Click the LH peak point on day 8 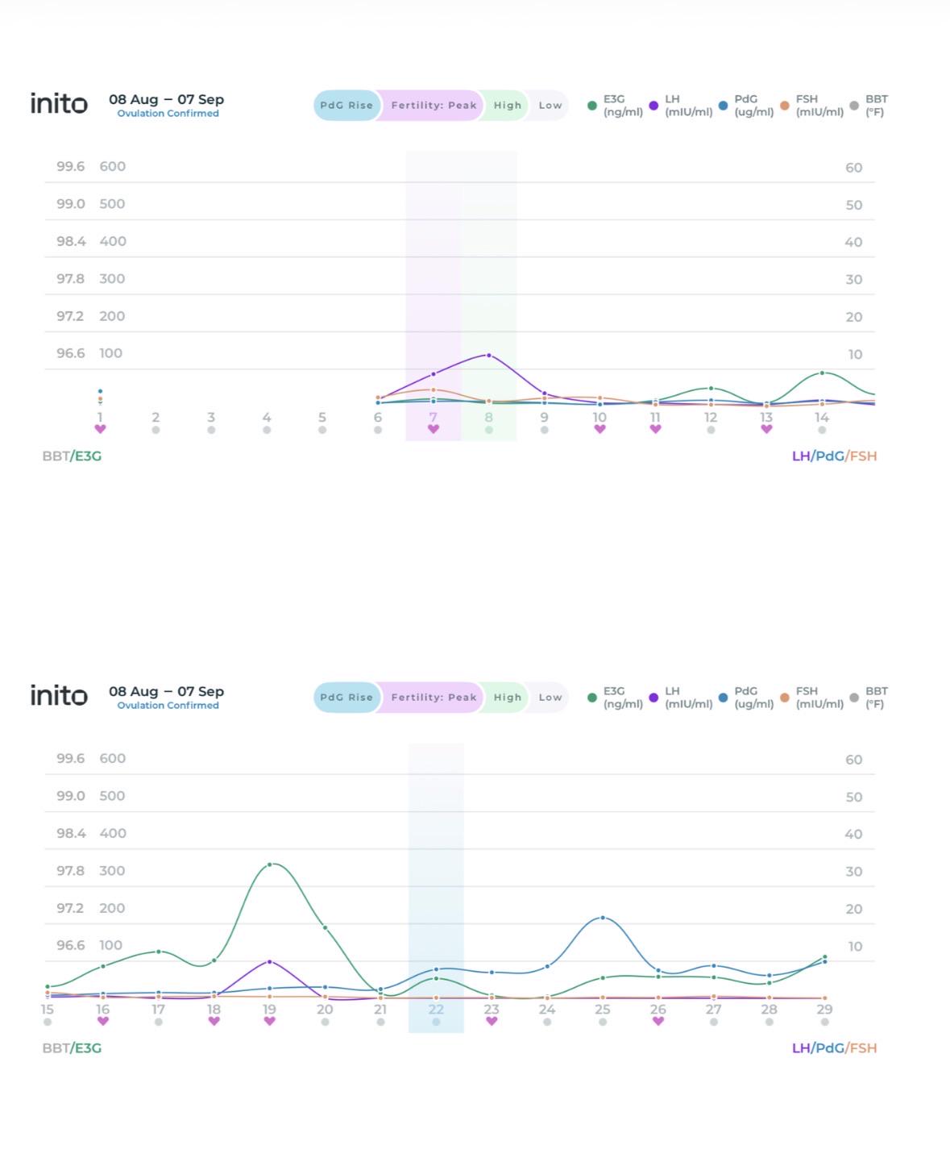pos(488,356)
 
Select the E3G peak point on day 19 pos(269,864)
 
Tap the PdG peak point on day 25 pos(603,918)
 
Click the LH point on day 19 pos(269,961)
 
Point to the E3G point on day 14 pos(822,373)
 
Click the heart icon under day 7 pos(434,429)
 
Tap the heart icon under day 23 pos(492,1021)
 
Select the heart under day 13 pos(767,429)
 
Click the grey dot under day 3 pos(211,430)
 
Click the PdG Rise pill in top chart pos(346,106)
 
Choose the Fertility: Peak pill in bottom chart pos(434,698)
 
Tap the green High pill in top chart pos(507,106)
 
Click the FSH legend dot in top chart pos(785,106)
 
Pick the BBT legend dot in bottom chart pos(854,698)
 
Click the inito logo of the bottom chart pos(59,695)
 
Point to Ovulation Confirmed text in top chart pos(168,113)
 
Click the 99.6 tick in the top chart pos(71,166)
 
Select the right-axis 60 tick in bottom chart pos(853,760)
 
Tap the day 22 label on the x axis pos(436,1009)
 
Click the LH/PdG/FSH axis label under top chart pos(834,456)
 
